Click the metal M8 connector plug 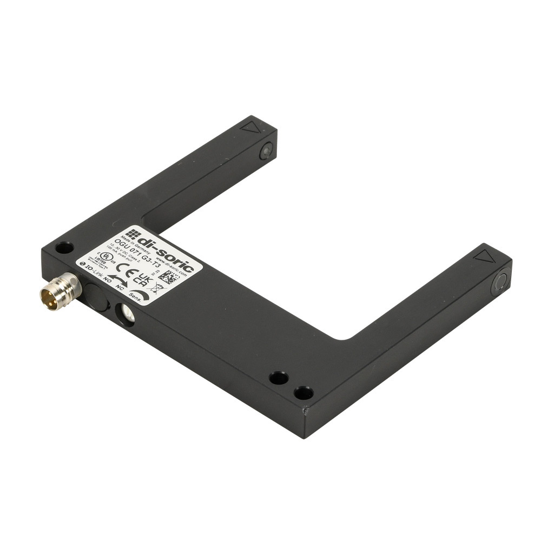point(60,292)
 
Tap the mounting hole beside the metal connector point(64,248)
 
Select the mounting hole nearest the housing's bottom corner point(304,392)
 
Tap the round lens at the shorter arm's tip point(266,151)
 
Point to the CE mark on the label point(125,269)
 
